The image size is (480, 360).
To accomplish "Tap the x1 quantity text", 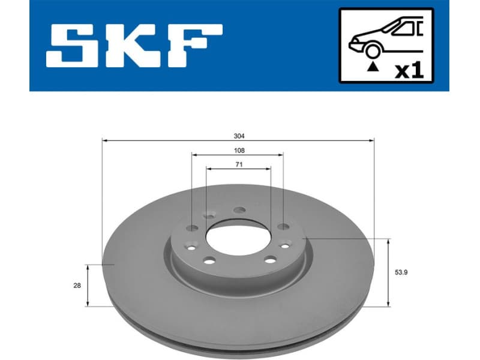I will coord(409,70).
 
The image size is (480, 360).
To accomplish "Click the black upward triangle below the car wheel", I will coord(374,66).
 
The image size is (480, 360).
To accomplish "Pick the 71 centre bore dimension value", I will coord(239,164).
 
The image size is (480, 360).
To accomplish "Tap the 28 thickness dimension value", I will coord(77,286).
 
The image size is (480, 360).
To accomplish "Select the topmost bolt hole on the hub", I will coord(239,210).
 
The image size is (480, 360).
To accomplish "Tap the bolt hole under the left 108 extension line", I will coord(192,227).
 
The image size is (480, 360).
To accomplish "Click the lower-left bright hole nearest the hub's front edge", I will coord(209,260).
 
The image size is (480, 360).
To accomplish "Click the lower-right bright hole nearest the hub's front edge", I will coord(270,260).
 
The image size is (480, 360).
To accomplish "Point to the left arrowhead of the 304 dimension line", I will coord(105,140).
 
